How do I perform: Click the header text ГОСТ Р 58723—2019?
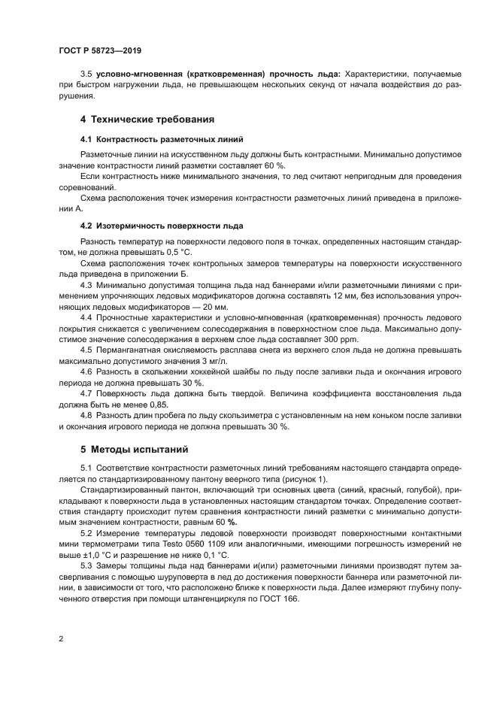pyautogui.click(x=100, y=50)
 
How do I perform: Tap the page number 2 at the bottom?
pyautogui.click(x=61, y=638)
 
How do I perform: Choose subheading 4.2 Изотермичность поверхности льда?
pyautogui.click(x=161, y=226)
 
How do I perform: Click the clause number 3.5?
pyautogui.click(x=86, y=74)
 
